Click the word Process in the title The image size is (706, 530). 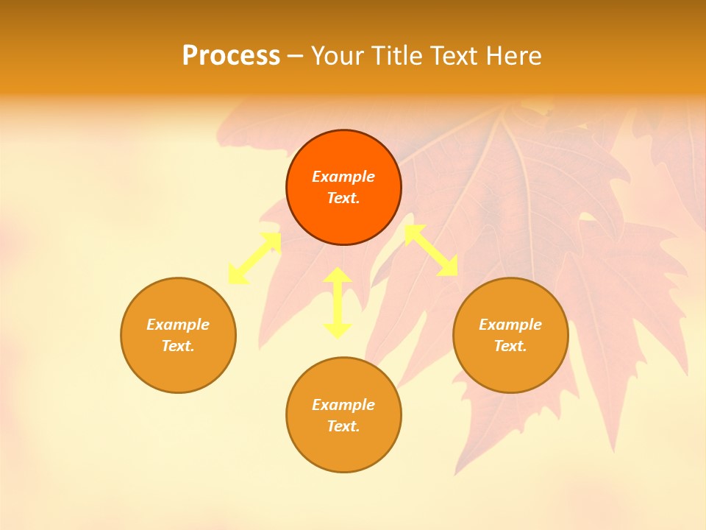pos(231,56)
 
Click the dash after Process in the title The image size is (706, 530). pos(296,57)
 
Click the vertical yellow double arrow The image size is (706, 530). pos(338,303)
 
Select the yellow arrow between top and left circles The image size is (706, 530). pos(254,258)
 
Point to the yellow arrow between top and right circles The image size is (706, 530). pos(431,250)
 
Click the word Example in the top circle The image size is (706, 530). pos(343,177)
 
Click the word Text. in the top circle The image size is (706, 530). pos(343,198)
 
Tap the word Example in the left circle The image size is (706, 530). pos(178,325)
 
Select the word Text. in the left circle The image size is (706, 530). pos(178,346)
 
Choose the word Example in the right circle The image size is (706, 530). pos(510,325)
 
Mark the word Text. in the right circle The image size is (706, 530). pos(510,346)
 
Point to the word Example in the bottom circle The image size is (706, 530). pos(343,405)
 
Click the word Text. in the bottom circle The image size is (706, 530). pos(343,426)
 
